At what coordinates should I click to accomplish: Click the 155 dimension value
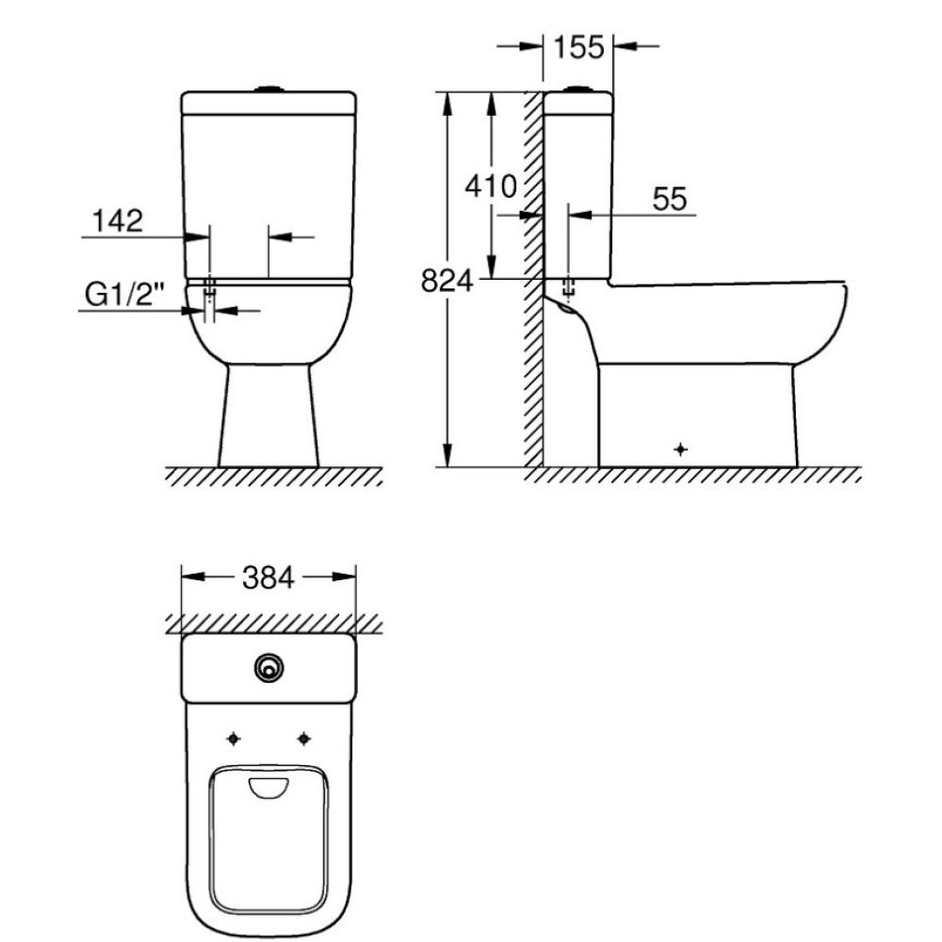tap(578, 46)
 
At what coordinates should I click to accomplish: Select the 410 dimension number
tap(492, 187)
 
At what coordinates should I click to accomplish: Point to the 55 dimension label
tap(670, 199)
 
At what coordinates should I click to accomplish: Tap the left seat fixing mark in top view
tap(235, 738)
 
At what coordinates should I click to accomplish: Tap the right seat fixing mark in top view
tap(303, 738)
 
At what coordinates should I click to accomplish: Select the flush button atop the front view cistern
tap(269, 89)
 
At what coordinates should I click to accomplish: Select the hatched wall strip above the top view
tap(273, 624)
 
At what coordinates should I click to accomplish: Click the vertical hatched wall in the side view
tap(533, 283)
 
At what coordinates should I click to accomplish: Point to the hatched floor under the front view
tap(273, 477)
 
